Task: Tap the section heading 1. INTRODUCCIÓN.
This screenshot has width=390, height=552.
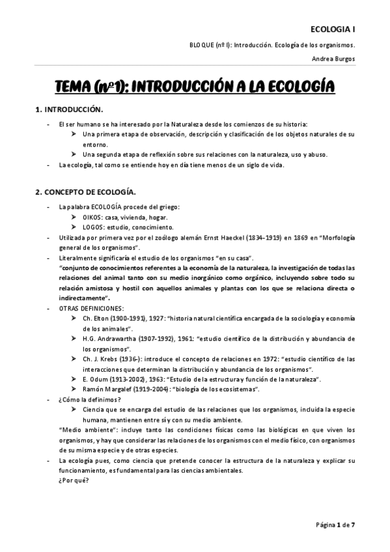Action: [x=68, y=110]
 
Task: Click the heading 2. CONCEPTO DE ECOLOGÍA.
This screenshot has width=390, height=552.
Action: [x=85, y=193]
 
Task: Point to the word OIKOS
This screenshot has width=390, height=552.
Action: [x=92, y=217]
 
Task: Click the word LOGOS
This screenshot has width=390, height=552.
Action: [x=94, y=227]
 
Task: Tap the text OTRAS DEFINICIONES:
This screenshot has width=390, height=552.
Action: [x=91, y=307]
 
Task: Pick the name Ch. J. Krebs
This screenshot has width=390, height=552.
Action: [x=100, y=359]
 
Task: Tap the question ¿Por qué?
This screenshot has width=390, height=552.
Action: [x=73, y=481]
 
